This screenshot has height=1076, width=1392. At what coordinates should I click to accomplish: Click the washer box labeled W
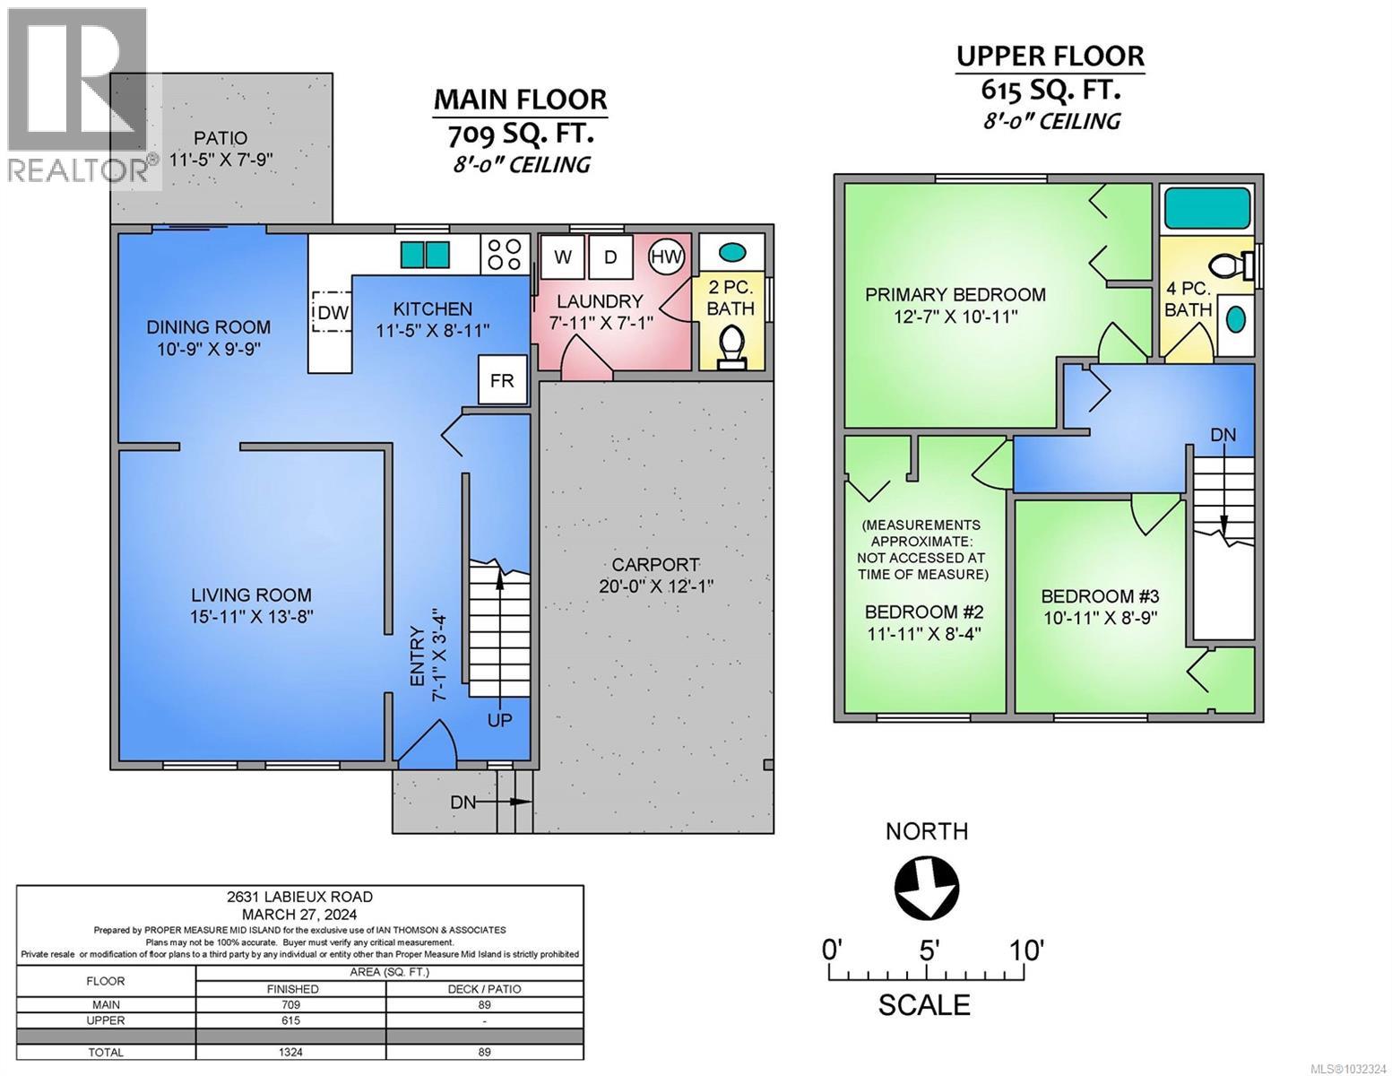(x=563, y=257)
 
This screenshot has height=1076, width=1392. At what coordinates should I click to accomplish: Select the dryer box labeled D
(x=610, y=257)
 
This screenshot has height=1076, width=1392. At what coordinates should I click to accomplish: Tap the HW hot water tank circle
(x=666, y=257)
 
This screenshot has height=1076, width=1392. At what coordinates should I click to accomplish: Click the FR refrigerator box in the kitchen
(x=502, y=380)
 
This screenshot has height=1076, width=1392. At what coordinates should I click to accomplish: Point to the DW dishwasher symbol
(x=331, y=312)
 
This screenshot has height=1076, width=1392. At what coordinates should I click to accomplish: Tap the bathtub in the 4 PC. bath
(x=1206, y=210)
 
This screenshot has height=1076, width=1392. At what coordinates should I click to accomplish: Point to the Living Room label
(x=251, y=594)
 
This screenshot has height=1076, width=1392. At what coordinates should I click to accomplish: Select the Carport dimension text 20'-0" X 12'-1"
(x=655, y=586)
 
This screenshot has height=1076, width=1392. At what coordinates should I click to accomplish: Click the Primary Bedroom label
(x=955, y=294)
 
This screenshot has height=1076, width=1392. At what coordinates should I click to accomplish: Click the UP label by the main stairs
(x=499, y=719)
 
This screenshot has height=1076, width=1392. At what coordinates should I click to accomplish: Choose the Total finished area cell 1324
(x=290, y=1053)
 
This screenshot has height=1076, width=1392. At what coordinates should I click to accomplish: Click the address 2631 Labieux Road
(x=300, y=897)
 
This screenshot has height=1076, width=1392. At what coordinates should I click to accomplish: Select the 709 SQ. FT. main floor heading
(x=520, y=134)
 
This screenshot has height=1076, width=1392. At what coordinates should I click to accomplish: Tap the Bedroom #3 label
(x=1100, y=596)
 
